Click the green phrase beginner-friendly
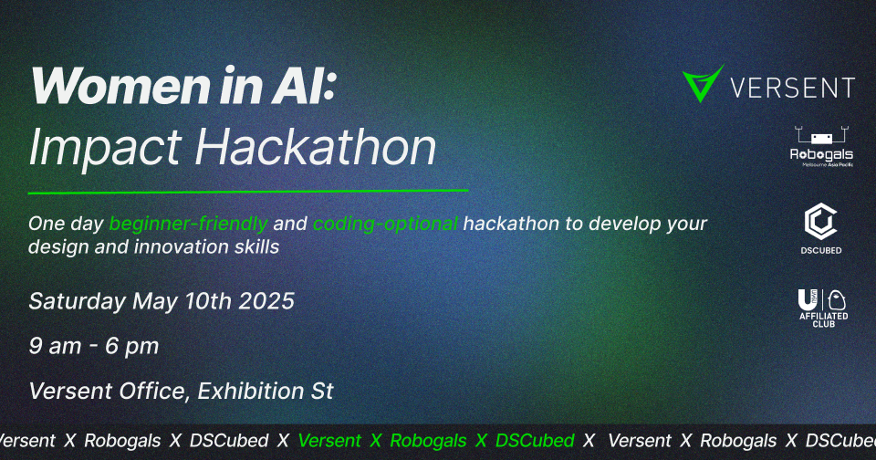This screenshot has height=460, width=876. pos(189,224)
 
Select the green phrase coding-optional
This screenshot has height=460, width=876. pos(386,224)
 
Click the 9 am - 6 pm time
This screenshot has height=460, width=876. pos(94,347)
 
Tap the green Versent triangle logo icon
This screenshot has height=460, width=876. pos(703,84)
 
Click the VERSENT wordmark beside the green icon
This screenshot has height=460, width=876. pos(793,88)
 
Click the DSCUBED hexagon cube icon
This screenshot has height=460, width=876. pos(820,222)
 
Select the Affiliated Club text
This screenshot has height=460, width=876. pos(823,319)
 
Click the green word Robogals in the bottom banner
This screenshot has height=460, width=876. pos(428,440)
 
